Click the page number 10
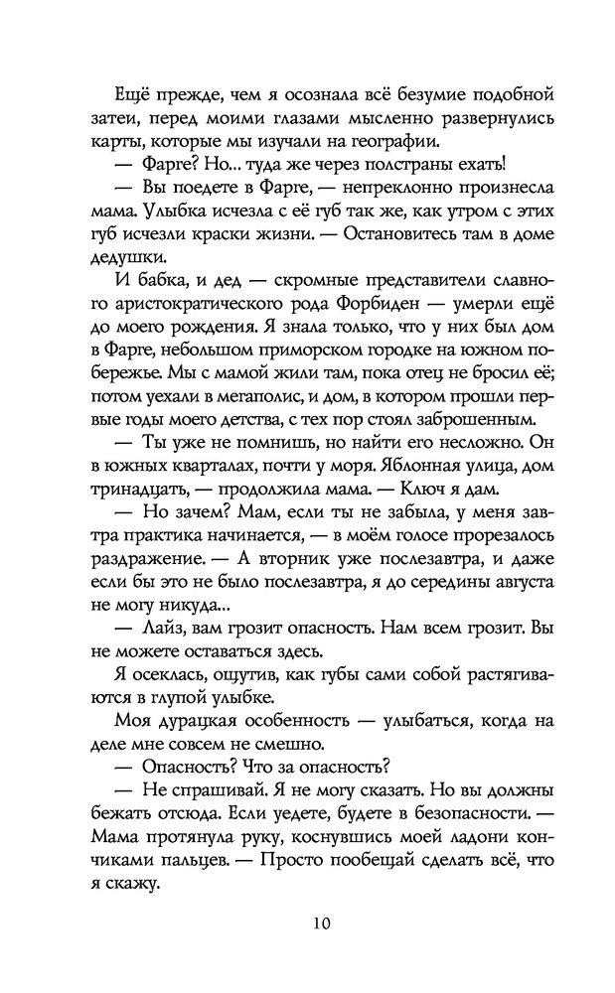[x=307, y=923]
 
